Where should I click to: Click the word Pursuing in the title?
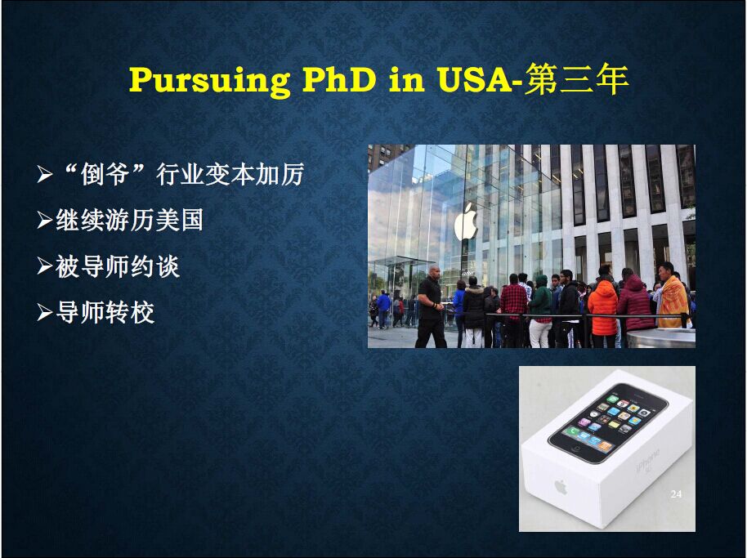(209, 81)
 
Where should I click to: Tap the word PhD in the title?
(339, 79)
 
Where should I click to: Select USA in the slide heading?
(475, 79)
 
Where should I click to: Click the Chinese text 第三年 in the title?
(576, 79)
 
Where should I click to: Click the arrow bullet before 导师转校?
(45, 313)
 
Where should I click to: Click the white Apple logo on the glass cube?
(466, 222)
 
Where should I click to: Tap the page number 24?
(676, 494)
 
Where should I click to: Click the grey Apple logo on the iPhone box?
(561, 487)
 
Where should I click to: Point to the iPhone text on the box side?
(648, 461)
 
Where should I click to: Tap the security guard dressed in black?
(432, 306)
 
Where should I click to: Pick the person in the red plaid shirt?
(513, 310)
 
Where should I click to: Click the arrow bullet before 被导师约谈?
(45, 267)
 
